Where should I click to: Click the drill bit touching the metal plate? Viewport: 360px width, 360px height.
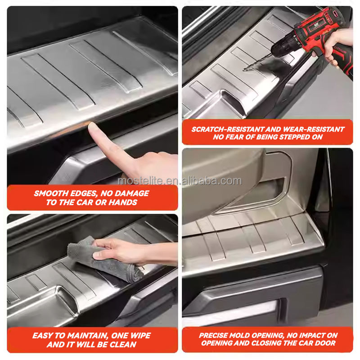click(x=257, y=63)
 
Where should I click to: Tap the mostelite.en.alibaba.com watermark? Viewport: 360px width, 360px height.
click(x=180, y=181)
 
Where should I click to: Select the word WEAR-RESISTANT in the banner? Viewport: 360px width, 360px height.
click(x=314, y=129)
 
